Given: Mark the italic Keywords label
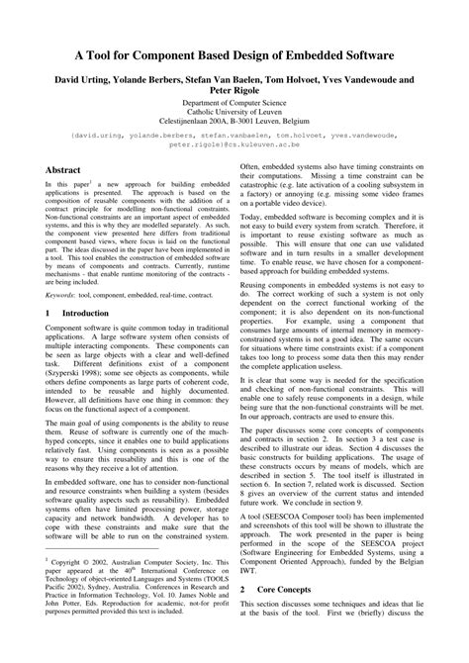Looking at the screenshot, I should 65,294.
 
